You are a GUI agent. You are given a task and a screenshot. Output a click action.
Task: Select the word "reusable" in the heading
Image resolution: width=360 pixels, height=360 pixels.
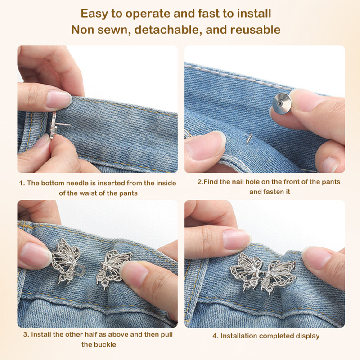[x=255, y=30]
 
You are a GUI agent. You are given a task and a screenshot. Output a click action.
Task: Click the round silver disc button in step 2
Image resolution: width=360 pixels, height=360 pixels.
[x=282, y=103]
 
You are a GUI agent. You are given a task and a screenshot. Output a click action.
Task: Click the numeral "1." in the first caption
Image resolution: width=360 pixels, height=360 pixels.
[x=22, y=183]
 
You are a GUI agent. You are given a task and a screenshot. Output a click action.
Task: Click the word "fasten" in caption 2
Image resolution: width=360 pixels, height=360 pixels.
[x=273, y=192]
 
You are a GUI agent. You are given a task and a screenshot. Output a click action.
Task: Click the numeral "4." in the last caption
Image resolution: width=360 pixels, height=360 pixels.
[x=216, y=336]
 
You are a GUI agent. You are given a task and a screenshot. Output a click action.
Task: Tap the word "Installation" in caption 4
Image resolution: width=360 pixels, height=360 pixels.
[x=240, y=336]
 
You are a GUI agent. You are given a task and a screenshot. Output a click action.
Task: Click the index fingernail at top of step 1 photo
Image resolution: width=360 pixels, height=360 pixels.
[x=58, y=99]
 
